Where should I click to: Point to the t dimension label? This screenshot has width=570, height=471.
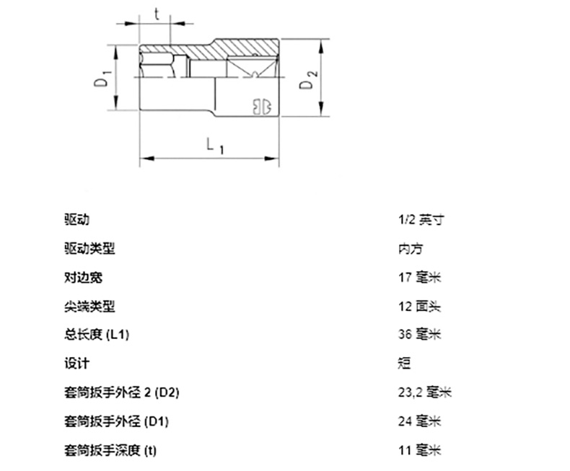coord(156,12)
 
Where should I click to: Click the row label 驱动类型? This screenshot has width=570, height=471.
coord(89,249)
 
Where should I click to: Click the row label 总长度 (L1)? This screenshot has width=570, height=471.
coord(98,335)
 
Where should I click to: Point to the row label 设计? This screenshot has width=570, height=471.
coord(76,364)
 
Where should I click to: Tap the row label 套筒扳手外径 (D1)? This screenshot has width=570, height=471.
coord(116,421)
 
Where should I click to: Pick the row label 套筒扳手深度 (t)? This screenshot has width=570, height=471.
coord(110,451)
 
